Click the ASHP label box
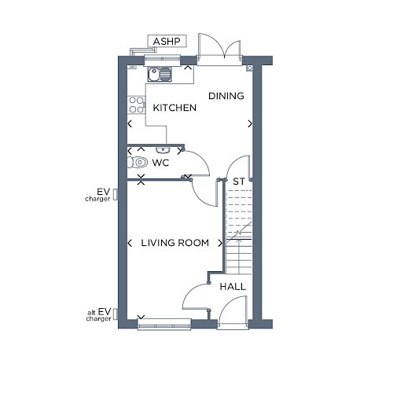[x=167, y=41]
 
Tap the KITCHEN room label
[x=174, y=108]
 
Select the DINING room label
[x=226, y=96]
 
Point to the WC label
[x=160, y=163]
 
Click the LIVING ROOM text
[x=175, y=243]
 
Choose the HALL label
[x=233, y=287]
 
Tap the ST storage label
[x=239, y=182]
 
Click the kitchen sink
[x=160, y=74]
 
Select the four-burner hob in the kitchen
[x=136, y=105]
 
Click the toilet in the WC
[x=137, y=162]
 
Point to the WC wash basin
[x=163, y=150]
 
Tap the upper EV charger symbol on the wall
[x=116, y=195]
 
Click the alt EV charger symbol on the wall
[x=116, y=314]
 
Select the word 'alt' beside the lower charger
[x=91, y=313]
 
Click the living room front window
[x=164, y=325]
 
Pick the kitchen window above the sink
[x=162, y=60]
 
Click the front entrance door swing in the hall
[x=232, y=312]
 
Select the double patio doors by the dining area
[x=219, y=49]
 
